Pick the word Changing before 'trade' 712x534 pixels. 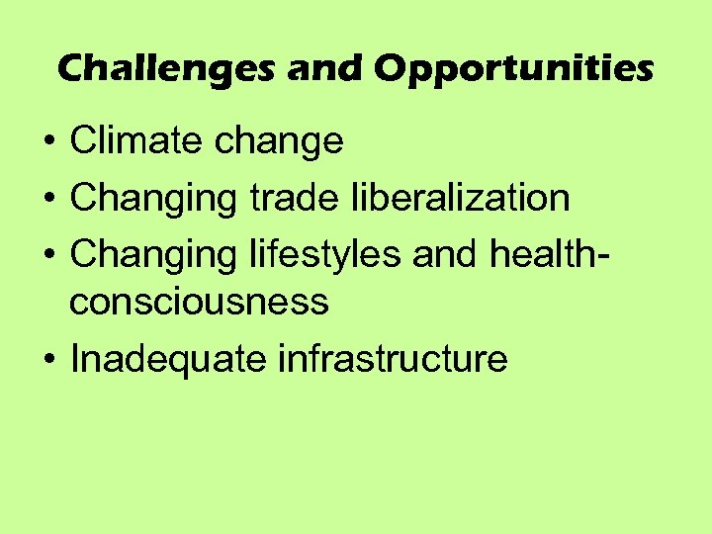153,199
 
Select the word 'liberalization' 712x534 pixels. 461,197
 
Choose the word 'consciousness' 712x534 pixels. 199,301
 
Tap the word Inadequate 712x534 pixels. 168,359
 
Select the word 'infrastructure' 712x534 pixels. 393,358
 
